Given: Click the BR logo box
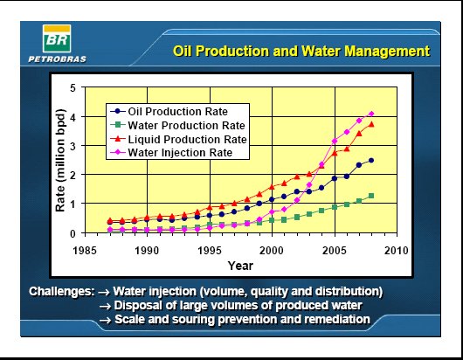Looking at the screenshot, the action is (x=57, y=38).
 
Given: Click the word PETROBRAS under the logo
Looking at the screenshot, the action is (x=58, y=59).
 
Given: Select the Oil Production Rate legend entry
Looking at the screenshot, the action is (x=169, y=111).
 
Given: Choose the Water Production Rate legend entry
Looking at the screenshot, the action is (x=177, y=125).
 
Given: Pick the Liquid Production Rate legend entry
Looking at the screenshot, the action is (x=178, y=139).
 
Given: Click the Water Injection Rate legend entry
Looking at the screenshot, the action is (x=171, y=153).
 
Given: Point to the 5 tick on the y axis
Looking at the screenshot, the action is (x=73, y=87).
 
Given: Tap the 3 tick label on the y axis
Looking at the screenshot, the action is (x=73, y=146).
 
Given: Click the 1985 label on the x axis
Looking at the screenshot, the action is (x=85, y=251).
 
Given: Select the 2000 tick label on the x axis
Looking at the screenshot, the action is (x=272, y=251).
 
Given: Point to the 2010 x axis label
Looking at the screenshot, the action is (x=397, y=251).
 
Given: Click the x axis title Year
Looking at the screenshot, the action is (x=240, y=266).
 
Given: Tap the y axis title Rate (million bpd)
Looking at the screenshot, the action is (x=60, y=161).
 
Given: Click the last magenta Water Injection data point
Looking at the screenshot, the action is (x=371, y=114).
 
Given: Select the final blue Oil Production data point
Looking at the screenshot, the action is (x=371, y=161).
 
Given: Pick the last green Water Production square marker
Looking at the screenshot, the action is (x=371, y=196).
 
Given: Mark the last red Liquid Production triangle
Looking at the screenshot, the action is (x=371, y=124).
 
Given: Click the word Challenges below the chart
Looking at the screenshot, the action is (x=62, y=292).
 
